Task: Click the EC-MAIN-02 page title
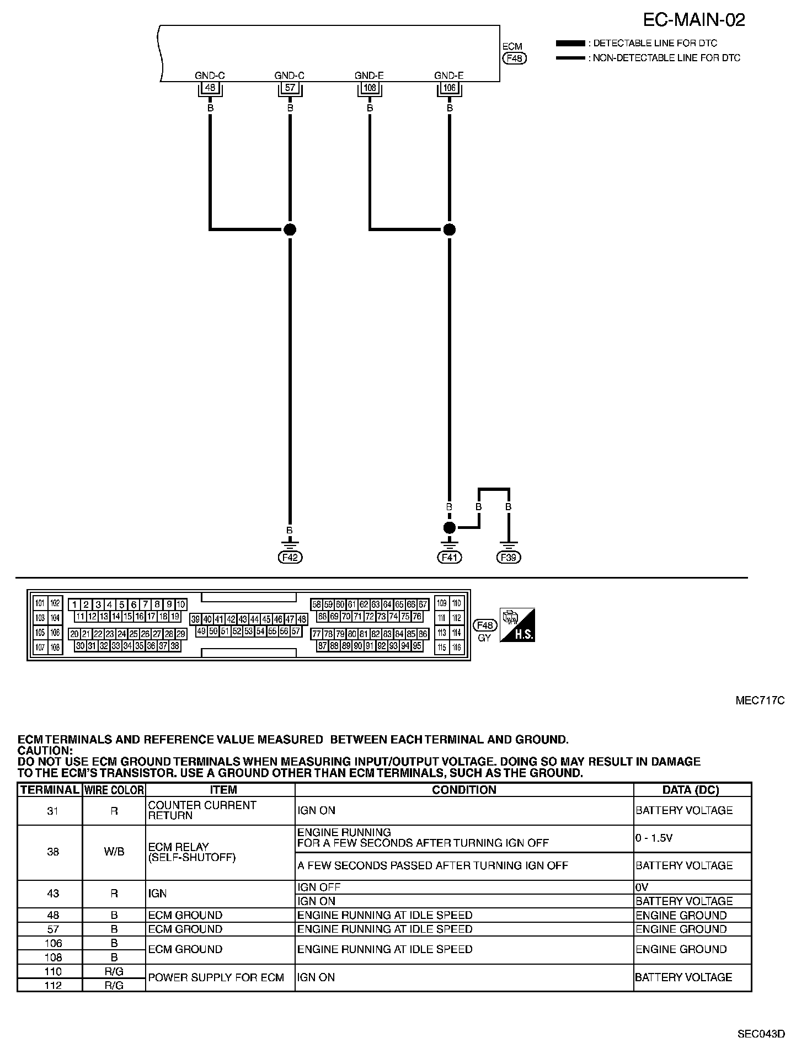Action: tap(694, 20)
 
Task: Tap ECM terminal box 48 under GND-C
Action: tap(210, 87)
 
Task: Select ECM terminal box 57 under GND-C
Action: tap(290, 87)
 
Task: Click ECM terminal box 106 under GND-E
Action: tap(450, 87)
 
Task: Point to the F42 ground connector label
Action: tap(290, 558)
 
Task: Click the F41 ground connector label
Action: tap(450, 558)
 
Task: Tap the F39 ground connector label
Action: tap(509, 558)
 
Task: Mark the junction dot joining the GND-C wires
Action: tap(290, 229)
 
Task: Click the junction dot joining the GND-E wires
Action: tap(450, 229)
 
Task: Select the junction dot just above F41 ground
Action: tap(450, 527)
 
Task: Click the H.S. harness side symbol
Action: tap(517, 625)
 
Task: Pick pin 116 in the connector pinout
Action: tap(456, 648)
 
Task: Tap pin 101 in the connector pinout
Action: tap(40, 603)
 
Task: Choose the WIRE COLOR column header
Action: tap(114, 790)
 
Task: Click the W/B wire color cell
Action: tap(114, 852)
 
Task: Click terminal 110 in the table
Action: tap(53, 971)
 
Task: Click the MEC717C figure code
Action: tap(760, 701)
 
